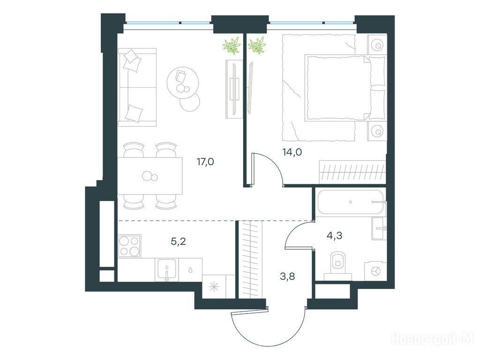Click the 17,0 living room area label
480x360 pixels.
point(205,162)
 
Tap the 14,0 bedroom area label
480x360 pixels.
point(292,152)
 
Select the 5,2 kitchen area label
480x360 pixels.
point(179,242)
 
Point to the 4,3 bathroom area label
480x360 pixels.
point(335,235)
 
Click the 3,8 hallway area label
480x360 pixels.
point(287,277)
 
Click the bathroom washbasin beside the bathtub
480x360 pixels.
point(379,228)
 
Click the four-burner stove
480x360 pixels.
point(129,246)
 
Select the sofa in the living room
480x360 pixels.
point(137,87)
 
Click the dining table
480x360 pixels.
point(150,176)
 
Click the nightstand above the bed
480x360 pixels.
point(377,45)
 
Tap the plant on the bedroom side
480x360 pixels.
point(256,45)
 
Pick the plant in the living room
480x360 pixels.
point(232,45)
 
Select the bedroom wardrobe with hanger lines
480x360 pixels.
point(352,172)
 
